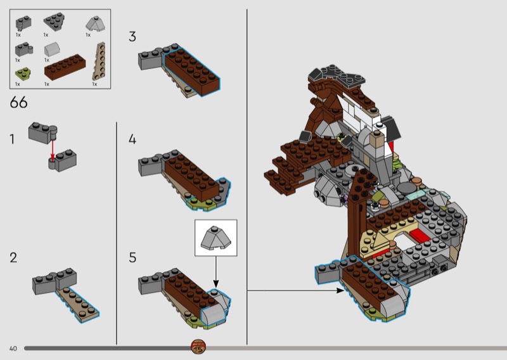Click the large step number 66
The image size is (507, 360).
[19, 103]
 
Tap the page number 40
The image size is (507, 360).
[13, 349]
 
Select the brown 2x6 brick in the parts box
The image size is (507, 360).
[65, 67]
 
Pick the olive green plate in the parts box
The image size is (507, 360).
[23, 74]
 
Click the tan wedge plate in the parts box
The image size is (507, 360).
[99, 61]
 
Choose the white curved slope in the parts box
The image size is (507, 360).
[52, 49]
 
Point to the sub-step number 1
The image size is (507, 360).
[12, 139]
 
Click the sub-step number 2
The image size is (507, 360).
[13, 258]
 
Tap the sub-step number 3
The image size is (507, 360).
[132, 37]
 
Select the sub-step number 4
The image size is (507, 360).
[132, 139]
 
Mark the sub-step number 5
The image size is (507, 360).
[132, 258]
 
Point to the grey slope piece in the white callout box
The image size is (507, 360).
[215, 238]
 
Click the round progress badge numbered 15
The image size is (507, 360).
[198, 348]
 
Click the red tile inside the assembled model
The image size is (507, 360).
[420, 236]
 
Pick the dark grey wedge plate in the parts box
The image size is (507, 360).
[54, 22]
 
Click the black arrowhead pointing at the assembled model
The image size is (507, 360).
[340, 290]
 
